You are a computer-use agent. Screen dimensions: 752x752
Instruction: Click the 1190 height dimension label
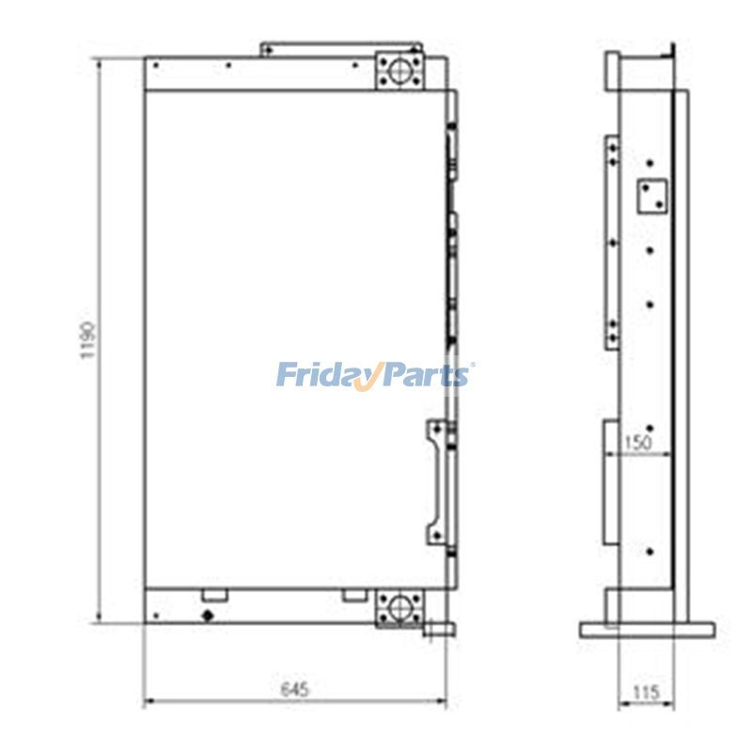[x=87, y=341]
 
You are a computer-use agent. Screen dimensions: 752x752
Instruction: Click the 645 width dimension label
[x=295, y=690]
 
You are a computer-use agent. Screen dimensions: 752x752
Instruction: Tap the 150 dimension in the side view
[x=638, y=442]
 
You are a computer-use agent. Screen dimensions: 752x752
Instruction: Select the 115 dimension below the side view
[x=647, y=693]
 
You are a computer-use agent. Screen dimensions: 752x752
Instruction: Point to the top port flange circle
[x=399, y=71]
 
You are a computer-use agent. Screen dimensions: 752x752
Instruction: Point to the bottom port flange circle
[x=399, y=608]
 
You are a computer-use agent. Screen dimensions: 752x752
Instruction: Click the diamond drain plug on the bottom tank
[x=208, y=616]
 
